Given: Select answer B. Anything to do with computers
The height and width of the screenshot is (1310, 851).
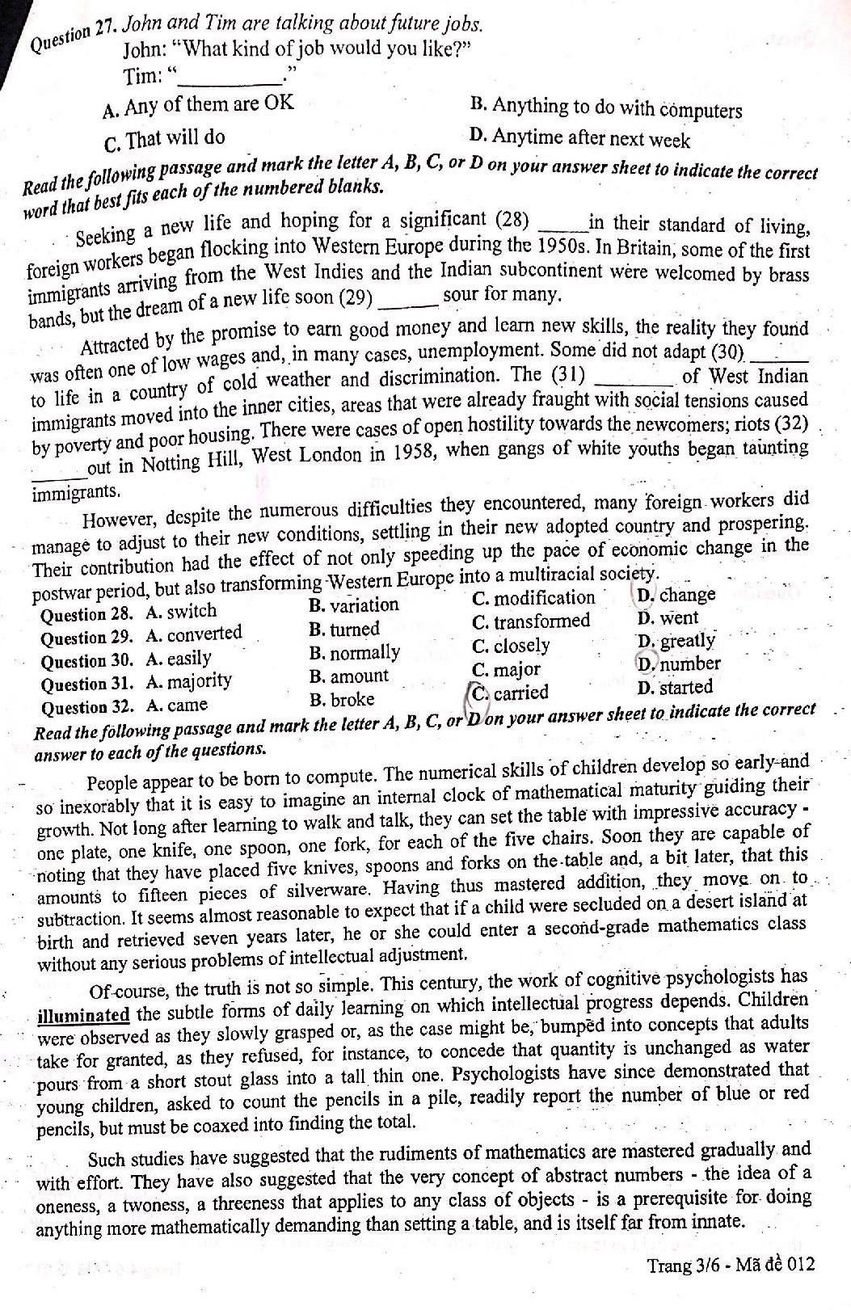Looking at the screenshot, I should tap(605, 108).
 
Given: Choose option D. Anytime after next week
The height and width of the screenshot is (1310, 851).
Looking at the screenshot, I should tap(579, 138).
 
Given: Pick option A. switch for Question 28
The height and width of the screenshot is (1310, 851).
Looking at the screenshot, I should tap(181, 612).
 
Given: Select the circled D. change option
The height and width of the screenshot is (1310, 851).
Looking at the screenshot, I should tap(676, 596).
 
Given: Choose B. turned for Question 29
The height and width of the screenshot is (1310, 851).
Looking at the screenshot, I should tap(344, 629).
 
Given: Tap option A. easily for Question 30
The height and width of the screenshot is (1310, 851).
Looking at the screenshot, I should tap(178, 659).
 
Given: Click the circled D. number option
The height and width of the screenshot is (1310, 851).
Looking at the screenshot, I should tap(678, 664).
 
